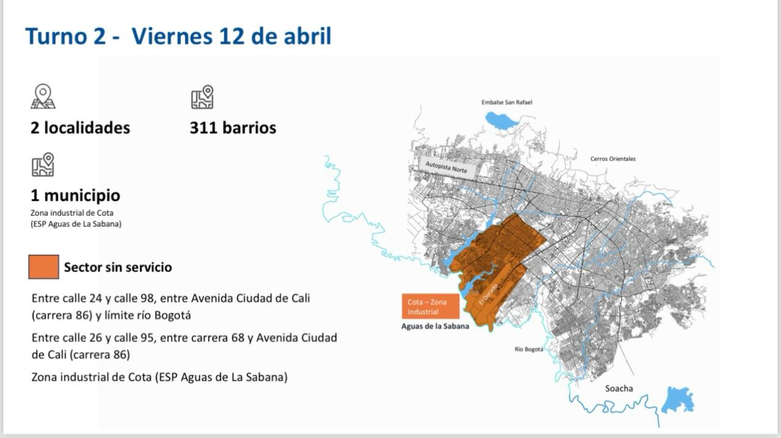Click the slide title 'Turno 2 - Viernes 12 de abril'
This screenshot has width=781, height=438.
(178, 37)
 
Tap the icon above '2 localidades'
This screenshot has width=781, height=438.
(43, 96)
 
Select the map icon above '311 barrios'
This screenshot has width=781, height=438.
(202, 97)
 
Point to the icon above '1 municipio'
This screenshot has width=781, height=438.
(43, 165)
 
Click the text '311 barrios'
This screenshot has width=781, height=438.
(232, 128)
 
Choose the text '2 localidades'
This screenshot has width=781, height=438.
(80, 128)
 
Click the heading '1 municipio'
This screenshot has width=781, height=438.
(75, 196)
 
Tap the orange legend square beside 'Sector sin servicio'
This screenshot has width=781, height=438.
(44, 267)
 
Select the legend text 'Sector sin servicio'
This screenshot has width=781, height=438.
(118, 267)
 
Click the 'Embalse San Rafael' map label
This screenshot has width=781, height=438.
(506, 102)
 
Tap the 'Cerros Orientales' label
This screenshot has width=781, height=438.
(613, 159)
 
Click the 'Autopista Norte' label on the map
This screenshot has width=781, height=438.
(446, 167)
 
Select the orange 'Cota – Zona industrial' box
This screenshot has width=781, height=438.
(430, 307)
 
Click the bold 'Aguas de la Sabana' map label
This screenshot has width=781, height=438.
(435, 326)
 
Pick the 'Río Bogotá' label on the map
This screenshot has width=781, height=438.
(528, 350)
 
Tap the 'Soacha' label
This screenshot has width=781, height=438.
(619, 389)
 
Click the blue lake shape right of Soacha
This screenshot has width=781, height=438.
(678, 400)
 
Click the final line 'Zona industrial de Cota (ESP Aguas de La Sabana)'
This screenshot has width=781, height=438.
(159, 377)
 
